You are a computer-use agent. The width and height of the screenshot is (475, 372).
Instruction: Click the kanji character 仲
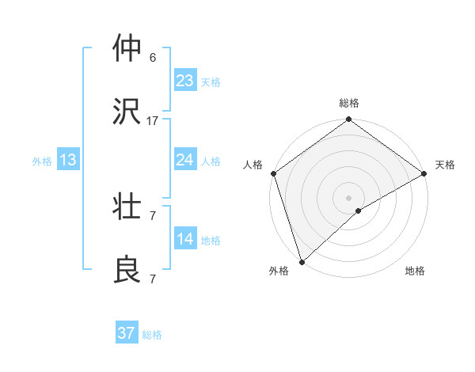point(128,49)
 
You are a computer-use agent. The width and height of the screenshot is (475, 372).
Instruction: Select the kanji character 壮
point(128,207)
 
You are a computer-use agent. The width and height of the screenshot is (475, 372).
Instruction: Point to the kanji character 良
point(128,270)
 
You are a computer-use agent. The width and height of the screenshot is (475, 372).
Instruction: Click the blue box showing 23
point(185,81)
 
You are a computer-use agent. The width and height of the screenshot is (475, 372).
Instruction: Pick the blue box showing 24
point(185,160)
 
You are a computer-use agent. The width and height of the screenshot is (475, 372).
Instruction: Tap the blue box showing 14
point(185,239)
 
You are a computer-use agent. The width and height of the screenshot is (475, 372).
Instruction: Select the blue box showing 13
point(68,160)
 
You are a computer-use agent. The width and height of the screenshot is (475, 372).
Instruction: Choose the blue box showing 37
point(127,333)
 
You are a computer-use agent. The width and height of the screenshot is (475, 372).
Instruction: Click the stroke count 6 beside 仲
point(153,58)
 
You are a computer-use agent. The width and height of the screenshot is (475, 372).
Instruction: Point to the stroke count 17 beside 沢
point(153,121)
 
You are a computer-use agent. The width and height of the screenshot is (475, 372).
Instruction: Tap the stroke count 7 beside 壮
point(153,216)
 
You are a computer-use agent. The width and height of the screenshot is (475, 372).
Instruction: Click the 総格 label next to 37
point(152,335)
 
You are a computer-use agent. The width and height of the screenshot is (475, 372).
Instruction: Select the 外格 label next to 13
point(42,161)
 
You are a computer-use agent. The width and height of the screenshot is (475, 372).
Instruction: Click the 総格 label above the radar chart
point(349,103)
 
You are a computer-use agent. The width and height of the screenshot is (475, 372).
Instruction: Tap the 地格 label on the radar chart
point(415,271)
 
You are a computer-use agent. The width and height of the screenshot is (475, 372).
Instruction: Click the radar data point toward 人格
point(274,173)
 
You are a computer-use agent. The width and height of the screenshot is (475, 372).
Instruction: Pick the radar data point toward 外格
point(302,261)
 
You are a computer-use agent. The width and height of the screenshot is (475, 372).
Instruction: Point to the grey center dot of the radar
point(349,198)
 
